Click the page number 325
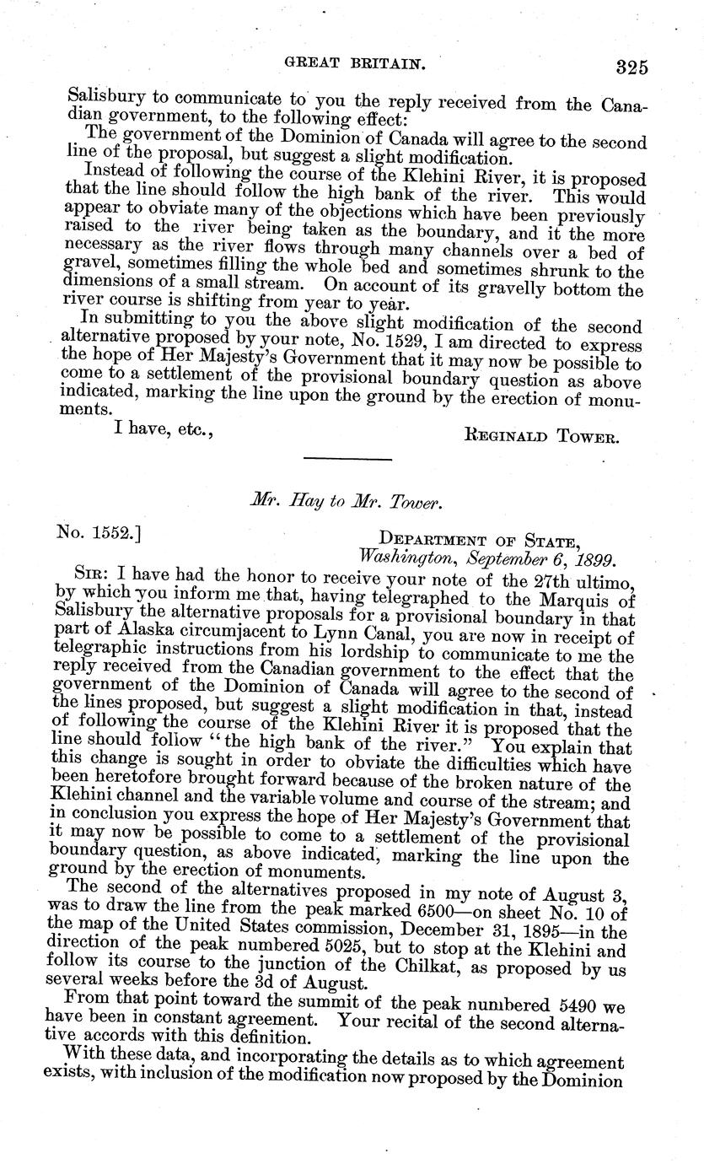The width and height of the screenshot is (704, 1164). (x=631, y=67)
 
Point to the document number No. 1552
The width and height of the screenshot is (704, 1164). (x=92, y=533)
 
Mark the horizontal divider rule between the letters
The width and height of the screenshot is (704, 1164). (x=347, y=459)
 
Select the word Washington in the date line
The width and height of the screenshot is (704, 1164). (x=395, y=558)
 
